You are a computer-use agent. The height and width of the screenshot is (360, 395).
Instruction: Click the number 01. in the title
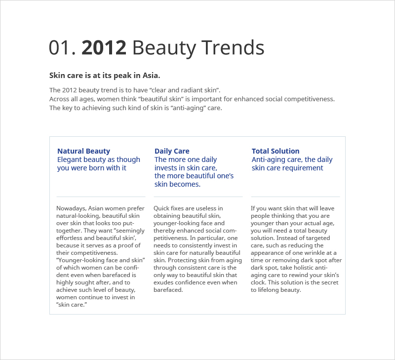coord(62,47)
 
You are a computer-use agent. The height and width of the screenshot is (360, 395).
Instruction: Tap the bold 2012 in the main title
coord(104,47)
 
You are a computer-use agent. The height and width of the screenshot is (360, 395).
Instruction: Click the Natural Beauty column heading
coord(83,151)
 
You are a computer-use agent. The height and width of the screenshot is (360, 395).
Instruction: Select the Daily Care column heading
coord(172,151)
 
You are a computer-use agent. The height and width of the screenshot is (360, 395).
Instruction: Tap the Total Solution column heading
coord(276,151)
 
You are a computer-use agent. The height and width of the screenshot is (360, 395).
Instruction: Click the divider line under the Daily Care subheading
coord(198,197)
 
